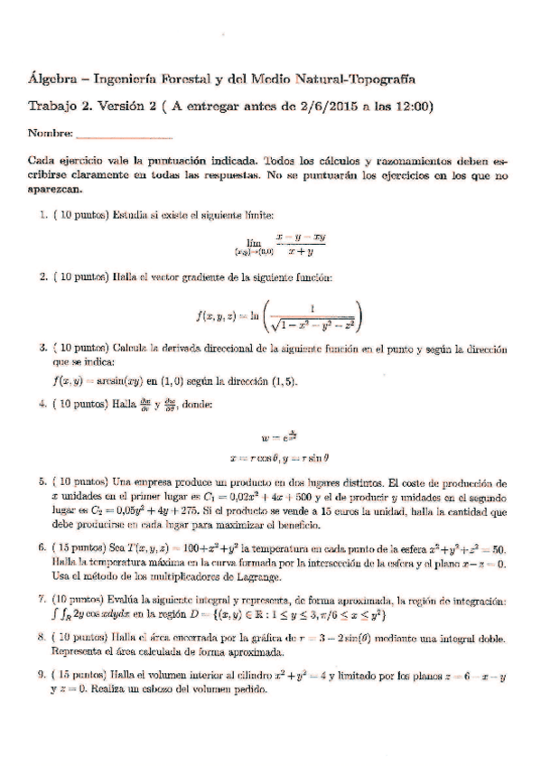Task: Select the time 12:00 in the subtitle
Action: click(415, 107)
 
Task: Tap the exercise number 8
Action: click(42, 636)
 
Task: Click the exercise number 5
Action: click(42, 482)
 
